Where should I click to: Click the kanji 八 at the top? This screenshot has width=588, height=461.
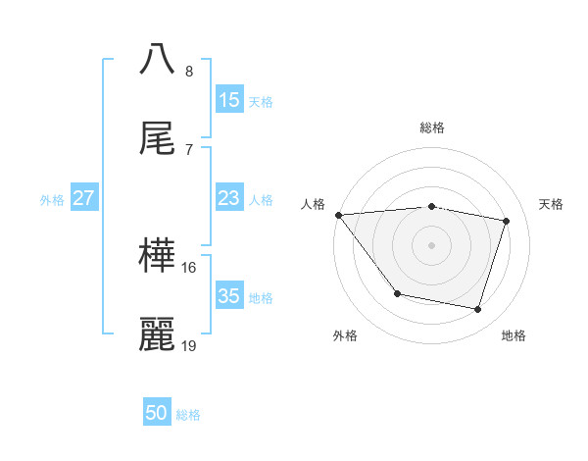pyautogui.click(x=158, y=59)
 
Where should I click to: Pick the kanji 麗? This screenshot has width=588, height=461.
pyautogui.click(x=158, y=334)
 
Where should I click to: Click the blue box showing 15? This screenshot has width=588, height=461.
pyautogui.click(x=229, y=100)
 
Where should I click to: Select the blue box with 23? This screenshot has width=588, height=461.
pyautogui.click(x=229, y=198)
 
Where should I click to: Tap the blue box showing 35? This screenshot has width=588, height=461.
pyautogui.click(x=229, y=296)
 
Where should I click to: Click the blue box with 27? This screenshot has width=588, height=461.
pyautogui.click(x=83, y=198)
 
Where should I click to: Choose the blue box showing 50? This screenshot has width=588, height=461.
pyautogui.click(x=157, y=413)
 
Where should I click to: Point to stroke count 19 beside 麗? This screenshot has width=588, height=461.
pyautogui.click(x=189, y=345)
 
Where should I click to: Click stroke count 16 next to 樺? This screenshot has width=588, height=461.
pyautogui.click(x=189, y=267)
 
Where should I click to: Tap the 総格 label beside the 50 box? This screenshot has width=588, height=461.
pyautogui.click(x=188, y=415)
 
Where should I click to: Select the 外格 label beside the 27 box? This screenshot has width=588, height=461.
pyautogui.click(x=52, y=200)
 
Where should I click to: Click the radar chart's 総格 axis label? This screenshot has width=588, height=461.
pyautogui.click(x=432, y=128)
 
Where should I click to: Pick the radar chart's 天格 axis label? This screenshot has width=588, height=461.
pyautogui.click(x=552, y=204)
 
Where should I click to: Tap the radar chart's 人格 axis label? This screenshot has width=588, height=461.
pyautogui.click(x=313, y=204)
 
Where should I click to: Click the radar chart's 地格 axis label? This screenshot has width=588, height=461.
pyautogui.click(x=514, y=335)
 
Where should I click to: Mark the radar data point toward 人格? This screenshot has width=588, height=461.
pyautogui.click(x=338, y=215)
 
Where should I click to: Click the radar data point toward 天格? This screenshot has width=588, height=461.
pyautogui.click(x=507, y=221)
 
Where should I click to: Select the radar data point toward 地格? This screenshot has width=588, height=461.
pyautogui.click(x=478, y=310)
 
